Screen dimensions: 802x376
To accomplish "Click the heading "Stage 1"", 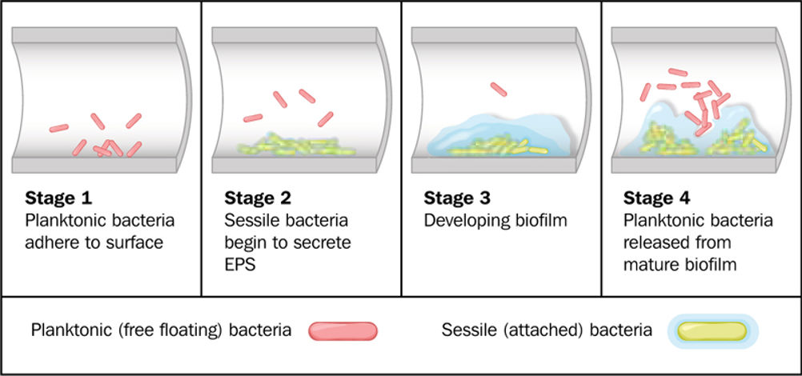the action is tap(58, 198).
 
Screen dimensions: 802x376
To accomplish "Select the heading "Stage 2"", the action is tap(258, 198).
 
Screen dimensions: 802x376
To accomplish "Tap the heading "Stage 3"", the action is tap(457, 198).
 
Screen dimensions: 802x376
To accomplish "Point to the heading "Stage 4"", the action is tap(657, 198).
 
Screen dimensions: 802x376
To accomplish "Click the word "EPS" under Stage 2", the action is tap(239, 264).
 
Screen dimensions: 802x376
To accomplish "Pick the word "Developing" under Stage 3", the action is tap(464, 221).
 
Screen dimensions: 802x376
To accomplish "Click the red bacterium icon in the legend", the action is tap(343, 331).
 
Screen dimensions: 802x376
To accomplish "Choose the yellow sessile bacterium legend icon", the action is tap(713, 331).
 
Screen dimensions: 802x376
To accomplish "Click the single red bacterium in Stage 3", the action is tap(498, 90).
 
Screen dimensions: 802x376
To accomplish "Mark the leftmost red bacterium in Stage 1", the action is tap(58, 128).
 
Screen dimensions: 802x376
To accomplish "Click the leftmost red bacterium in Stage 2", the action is tap(253, 118).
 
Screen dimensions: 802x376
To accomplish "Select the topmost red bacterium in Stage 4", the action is tap(678, 72).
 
